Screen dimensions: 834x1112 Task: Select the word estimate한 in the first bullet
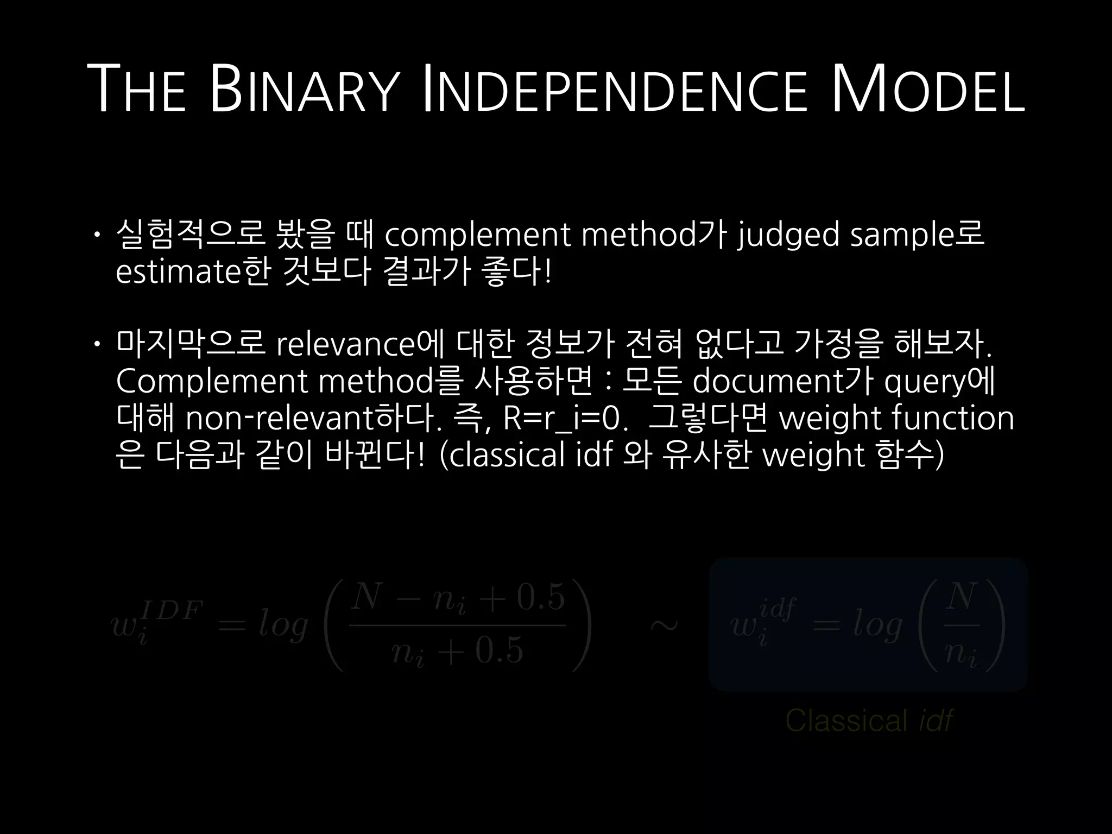click(x=193, y=272)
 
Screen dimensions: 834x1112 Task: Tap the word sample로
click(x=917, y=236)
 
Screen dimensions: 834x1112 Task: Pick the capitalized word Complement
click(x=212, y=382)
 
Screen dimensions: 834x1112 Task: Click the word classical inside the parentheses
click(x=507, y=455)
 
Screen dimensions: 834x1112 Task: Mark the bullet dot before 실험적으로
click(x=96, y=235)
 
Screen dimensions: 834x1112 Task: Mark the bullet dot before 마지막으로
click(x=96, y=344)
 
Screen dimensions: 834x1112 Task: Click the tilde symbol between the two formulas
click(x=664, y=625)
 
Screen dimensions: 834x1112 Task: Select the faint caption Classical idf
click(x=869, y=721)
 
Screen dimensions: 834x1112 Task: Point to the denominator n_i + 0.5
click(x=457, y=650)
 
